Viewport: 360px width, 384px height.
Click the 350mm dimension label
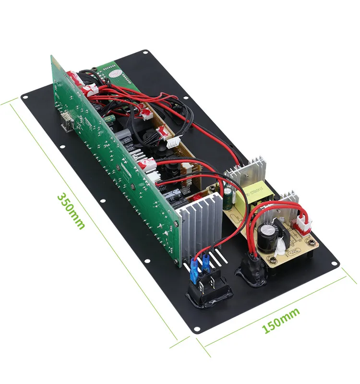pyautogui.click(x=71, y=212)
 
